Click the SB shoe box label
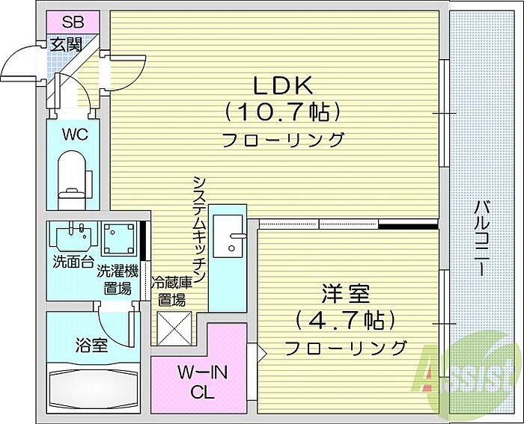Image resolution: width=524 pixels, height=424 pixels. [73, 21]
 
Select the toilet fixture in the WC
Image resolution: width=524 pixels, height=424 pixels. [73, 177]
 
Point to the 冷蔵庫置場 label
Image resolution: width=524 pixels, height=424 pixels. [170, 292]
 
